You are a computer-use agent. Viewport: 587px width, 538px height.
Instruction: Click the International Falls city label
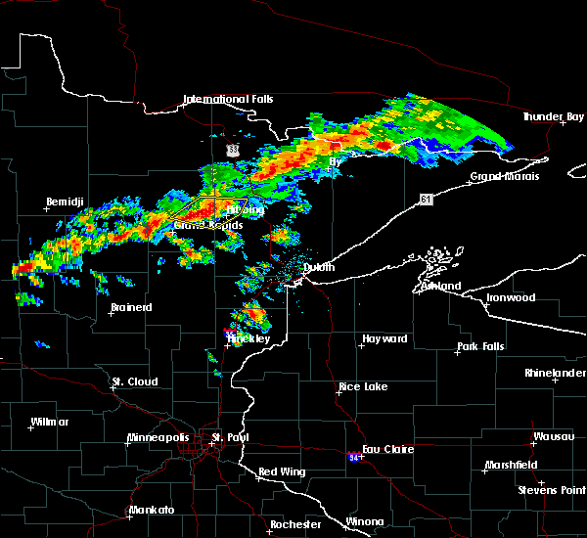228,99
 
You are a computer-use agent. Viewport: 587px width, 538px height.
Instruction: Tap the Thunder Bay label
554,116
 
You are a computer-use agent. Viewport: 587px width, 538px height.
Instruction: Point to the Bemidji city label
67,202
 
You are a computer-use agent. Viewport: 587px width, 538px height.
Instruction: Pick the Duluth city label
317,267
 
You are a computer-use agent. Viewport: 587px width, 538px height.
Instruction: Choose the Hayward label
384,338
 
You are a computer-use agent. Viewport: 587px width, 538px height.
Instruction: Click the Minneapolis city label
159,437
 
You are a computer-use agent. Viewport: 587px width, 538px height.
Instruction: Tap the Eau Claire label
388,449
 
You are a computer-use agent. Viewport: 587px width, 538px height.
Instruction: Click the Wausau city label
554,436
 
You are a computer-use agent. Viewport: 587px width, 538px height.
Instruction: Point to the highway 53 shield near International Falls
232,150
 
